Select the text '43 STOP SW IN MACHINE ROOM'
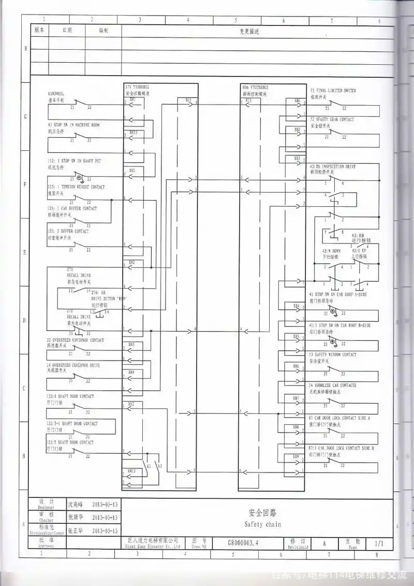coord(73,125)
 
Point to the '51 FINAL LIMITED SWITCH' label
coord(333,91)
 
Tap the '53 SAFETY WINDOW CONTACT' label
coord(333,355)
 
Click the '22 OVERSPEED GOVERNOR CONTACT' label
coord(75,340)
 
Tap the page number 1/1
coord(379,544)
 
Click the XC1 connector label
coord(188,99)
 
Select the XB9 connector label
coord(296,456)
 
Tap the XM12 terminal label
coord(131,470)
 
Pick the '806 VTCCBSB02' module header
coord(255,88)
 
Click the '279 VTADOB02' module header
coord(137,87)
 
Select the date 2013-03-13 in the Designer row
coord(105,504)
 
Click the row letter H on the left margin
coord(25,49)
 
